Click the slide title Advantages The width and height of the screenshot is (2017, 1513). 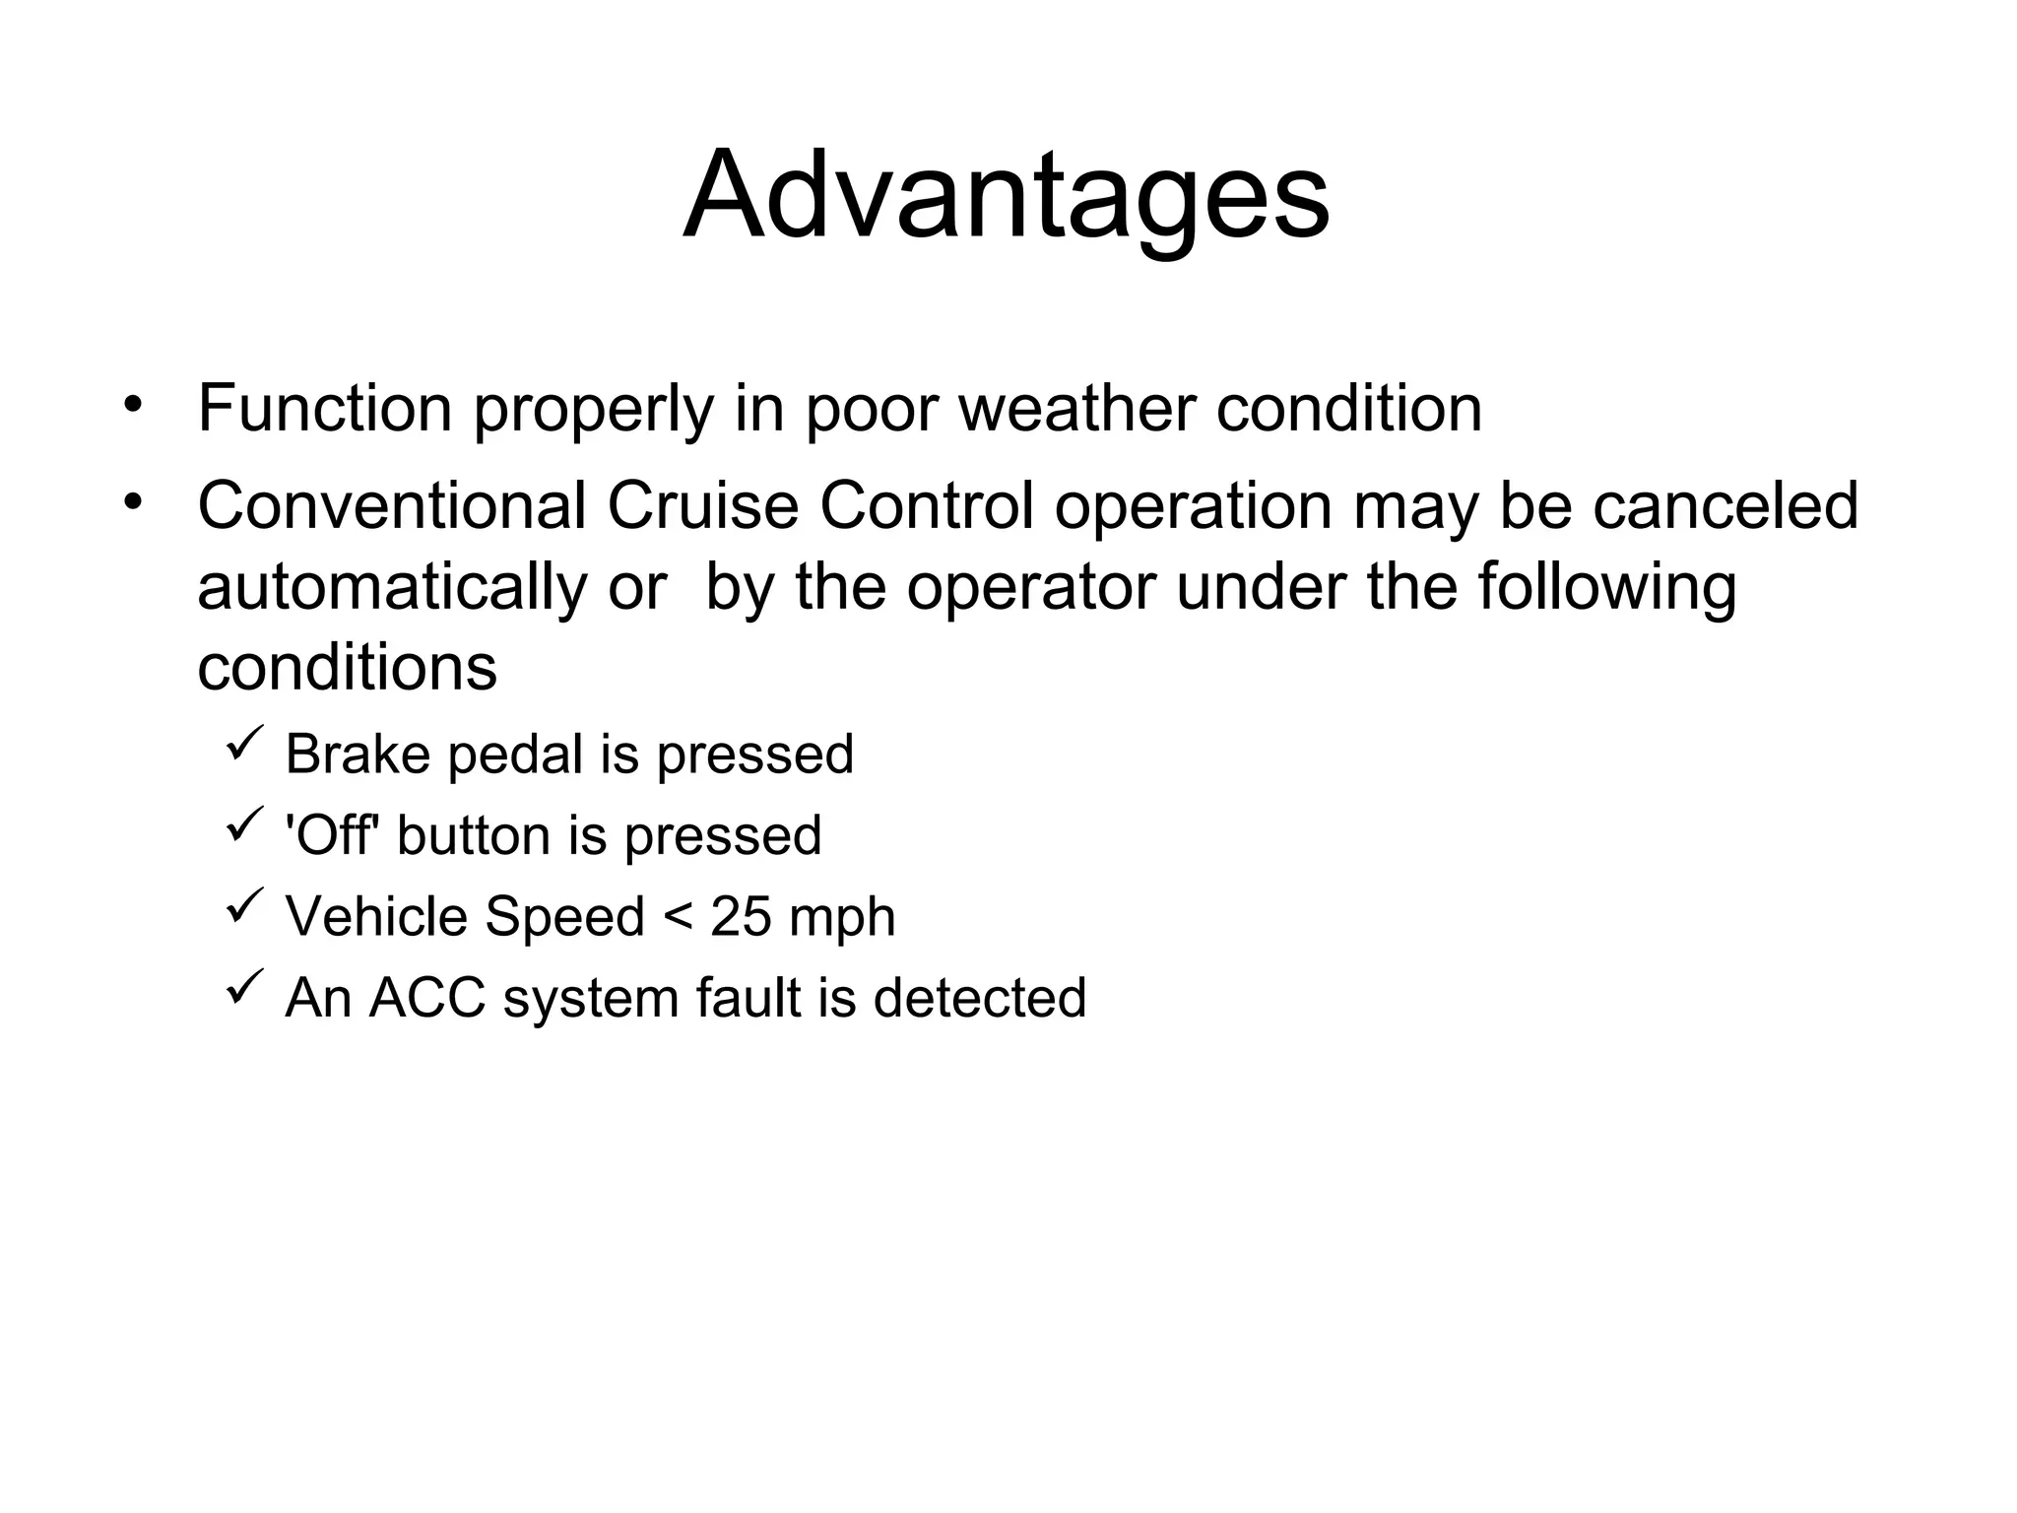click(1006, 196)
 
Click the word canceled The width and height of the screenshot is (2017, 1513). click(1724, 506)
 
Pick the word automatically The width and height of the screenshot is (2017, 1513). click(391, 588)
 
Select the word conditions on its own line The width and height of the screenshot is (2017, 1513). click(347, 669)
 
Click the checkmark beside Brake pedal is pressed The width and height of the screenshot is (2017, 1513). click(244, 742)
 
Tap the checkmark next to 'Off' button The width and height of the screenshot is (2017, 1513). click(244, 823)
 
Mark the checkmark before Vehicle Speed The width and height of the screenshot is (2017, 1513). click(244, 904)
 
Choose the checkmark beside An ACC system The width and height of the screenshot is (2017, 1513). click(244, 986)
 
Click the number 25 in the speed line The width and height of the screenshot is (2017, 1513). click(742, 917)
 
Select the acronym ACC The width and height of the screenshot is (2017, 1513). click(427, 998)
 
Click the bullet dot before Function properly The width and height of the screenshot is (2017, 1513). click(133, 405)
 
